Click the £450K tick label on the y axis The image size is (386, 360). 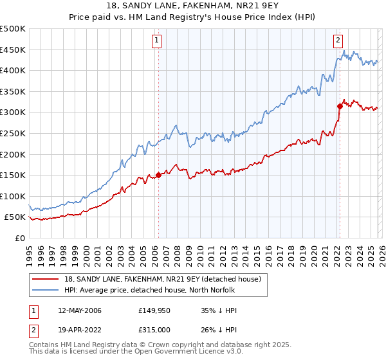point(13,50)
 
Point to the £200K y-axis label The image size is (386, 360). point(13,154)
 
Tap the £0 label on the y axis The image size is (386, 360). point(19,238)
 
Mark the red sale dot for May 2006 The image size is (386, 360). point(158,175)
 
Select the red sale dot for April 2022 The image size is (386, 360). point(339,106)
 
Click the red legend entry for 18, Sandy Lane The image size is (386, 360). point(162,279)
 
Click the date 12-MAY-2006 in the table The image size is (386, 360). point(79,310)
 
